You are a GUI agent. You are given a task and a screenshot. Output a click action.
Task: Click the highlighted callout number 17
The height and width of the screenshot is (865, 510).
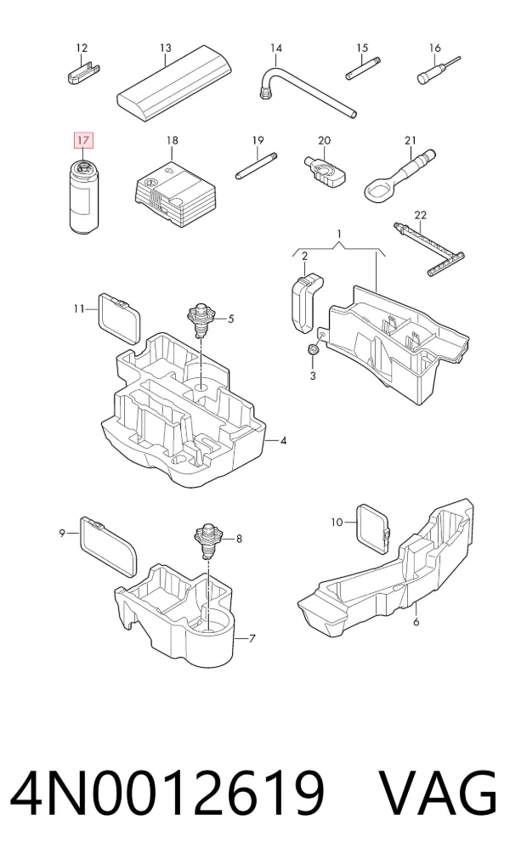[82, 141]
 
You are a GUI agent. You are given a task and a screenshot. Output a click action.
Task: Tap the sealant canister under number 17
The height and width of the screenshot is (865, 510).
[83, 196]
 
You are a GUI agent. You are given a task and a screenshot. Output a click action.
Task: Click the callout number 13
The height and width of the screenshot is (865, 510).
[166, 48]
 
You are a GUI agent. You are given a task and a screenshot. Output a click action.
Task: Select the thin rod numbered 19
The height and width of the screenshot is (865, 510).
[257, 166]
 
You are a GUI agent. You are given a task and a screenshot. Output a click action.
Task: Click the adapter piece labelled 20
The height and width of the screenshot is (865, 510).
[325, 169]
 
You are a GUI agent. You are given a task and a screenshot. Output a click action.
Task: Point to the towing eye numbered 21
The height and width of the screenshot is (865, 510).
[399, 174]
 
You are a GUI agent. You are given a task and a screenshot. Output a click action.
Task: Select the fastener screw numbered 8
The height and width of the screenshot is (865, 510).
[208, 540]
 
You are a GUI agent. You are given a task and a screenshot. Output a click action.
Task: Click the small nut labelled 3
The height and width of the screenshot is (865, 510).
[313, 351]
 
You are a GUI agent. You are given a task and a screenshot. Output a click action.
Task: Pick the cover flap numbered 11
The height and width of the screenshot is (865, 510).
[119, 319]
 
